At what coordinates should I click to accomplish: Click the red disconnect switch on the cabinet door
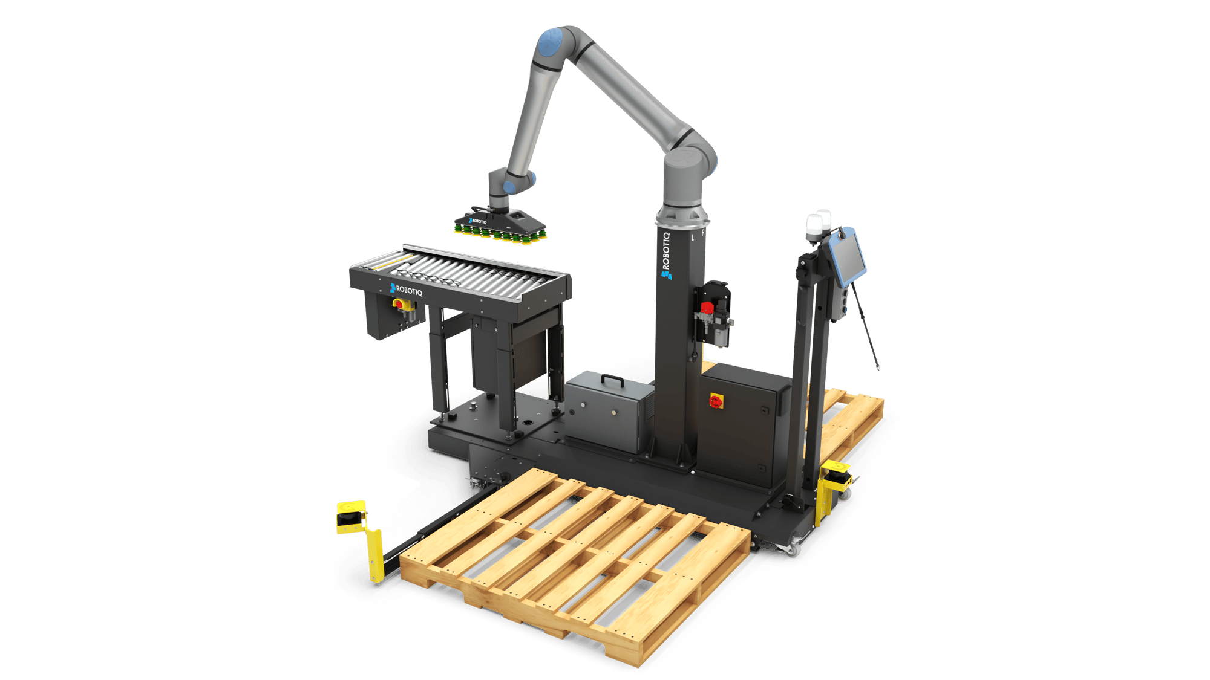pyautogui.click(x=716, y=401)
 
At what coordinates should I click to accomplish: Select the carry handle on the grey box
pyautogui.click(x=612, y=380)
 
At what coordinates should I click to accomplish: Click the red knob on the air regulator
pyautogui.click(x=707, y=308)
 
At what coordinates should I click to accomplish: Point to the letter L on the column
pyautogui.click(x=693, y=238)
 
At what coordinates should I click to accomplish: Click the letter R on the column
pyautogui.click(x=703, y=232)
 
